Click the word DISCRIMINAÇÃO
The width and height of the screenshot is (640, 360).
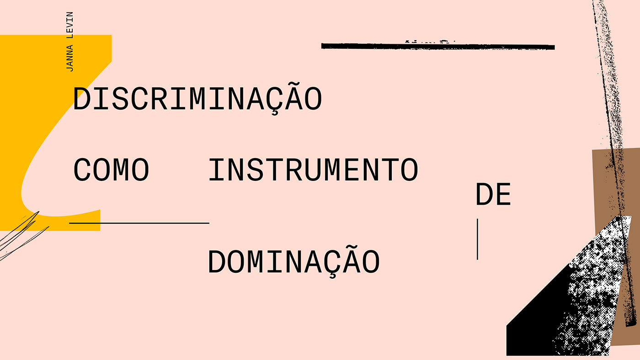coord(197,98)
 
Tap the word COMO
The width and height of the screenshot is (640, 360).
coord(111,170)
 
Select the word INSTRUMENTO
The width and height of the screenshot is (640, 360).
coord(313,170)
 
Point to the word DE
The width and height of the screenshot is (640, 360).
coord(493,195)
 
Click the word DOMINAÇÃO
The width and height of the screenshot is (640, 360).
coord(293,262)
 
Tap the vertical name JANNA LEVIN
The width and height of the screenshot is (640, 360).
coord(69,42)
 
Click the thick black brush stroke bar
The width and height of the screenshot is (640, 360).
coord(437,46)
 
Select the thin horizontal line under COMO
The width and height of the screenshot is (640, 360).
coord(139,223)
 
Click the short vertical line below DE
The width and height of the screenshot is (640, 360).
coord(477,239)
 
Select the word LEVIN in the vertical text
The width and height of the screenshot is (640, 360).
coord(69,23)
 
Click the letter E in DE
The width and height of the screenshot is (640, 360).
coord(503,195)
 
